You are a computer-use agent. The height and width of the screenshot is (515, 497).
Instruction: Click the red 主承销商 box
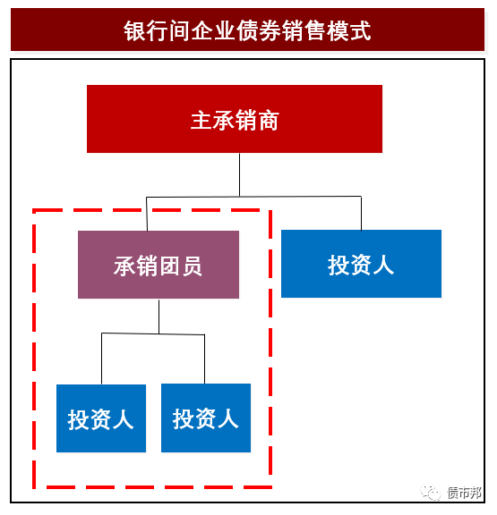tap(235, 119)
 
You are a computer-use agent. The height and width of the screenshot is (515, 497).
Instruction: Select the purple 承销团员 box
tap(159, 265)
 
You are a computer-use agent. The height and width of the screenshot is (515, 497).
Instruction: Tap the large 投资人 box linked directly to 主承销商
tap(361, 264)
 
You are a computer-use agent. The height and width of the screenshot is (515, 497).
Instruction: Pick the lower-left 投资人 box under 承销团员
tap(101, 418)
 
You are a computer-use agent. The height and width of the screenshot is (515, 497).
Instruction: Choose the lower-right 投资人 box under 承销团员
tap(206, 418)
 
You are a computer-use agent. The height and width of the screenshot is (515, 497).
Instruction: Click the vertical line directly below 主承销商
tap(239, 175)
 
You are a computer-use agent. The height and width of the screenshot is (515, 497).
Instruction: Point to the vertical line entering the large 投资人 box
tap(361, 214)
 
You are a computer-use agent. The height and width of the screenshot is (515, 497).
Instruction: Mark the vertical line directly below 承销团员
tap(159, 317)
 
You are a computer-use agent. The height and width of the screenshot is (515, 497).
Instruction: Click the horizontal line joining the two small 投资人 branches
tap(153, 334)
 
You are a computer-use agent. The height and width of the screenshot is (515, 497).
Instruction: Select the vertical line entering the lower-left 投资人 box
tap(101, 359)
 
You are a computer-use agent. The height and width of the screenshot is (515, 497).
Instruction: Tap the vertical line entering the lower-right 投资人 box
tap(204, 359)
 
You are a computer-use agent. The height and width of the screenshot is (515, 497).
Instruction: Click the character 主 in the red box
tap(201, 120)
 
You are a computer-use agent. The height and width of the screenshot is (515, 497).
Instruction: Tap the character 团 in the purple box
tap(170, 266)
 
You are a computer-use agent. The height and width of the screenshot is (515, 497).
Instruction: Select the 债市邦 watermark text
tap(464, 493)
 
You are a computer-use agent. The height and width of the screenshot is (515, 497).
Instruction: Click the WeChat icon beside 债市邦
tap(430, 493)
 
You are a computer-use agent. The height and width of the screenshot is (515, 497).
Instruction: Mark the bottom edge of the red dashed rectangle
tap(152, 487)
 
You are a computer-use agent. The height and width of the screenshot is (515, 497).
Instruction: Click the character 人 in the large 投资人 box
tap(383, 265)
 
